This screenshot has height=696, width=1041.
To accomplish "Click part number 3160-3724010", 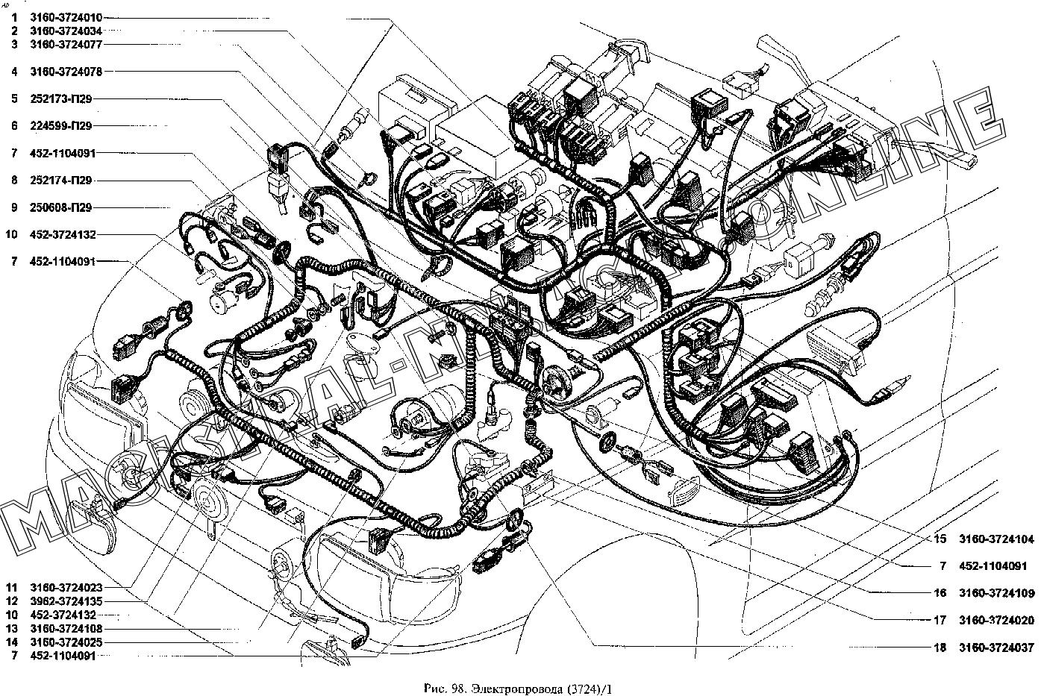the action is pos(66,18).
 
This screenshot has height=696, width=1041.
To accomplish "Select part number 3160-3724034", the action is pos(66,31).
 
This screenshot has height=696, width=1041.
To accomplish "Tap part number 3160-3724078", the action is pos(66,72).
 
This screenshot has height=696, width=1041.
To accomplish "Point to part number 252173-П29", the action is pos(61,98).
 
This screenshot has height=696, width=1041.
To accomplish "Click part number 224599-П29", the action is pos(61,126).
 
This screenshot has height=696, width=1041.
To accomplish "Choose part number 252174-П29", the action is pos(61,181).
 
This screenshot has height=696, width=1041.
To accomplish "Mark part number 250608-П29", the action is pos(61,207).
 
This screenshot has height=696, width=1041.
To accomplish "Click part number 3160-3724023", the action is pos(66,587).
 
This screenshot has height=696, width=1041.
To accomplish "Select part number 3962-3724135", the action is pos(66,601).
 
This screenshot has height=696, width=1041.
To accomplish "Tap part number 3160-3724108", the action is pos(66,629).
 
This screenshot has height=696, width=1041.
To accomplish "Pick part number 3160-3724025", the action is pos(66,642).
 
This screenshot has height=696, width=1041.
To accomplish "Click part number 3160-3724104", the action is pos(997,539).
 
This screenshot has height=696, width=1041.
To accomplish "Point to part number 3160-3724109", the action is pos(997,593).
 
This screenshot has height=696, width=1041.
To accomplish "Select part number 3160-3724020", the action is pos(997,620).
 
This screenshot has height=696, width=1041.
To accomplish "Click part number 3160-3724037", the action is pos(997,648).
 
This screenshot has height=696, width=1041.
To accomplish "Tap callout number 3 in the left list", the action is pos(14,45).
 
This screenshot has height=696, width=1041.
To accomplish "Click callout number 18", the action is pos(940,648).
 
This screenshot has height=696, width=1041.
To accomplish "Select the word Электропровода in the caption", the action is pos(517,689).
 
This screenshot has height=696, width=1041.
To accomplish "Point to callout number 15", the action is pos(940,539).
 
